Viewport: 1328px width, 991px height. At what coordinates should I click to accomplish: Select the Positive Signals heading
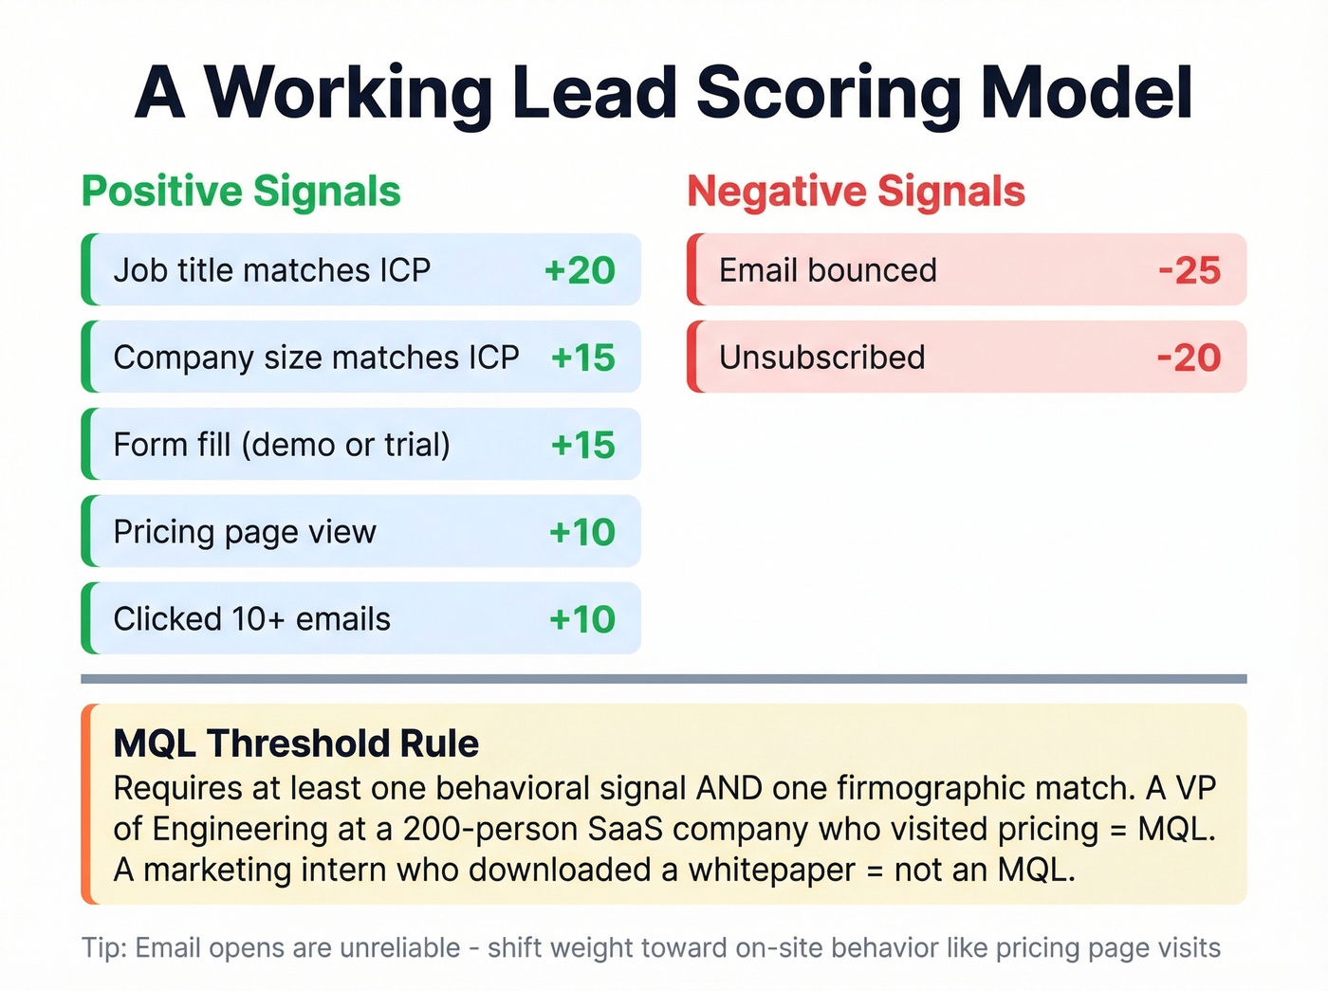tap(241, 191)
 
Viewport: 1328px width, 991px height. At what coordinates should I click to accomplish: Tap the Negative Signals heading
tap(856, 191)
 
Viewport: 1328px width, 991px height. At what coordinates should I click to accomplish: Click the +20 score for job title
tap(580, 270)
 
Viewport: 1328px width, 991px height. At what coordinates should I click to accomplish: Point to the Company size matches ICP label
tap(316, 358)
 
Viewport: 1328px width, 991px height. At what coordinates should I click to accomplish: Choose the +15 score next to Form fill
tap(582, 445)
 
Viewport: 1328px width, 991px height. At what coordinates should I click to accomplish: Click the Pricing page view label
tap(245, 532)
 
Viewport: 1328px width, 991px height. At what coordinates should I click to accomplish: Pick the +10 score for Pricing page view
tap(581, 532)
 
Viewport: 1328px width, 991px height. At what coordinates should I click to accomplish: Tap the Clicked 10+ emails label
tap(251, 619)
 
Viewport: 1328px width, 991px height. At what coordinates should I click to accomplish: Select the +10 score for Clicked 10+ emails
tap(581, 619)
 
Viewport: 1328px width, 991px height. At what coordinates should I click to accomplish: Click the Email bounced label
tap(827, 270)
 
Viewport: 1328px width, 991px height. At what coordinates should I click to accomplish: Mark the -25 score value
tap(1190, 270)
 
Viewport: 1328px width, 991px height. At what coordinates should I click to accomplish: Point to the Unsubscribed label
tap(821, 358)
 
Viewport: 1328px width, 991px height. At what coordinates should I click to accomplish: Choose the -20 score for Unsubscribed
tap(1189, 358)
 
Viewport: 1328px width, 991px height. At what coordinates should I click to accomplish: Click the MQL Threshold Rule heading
tap(296, 743)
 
